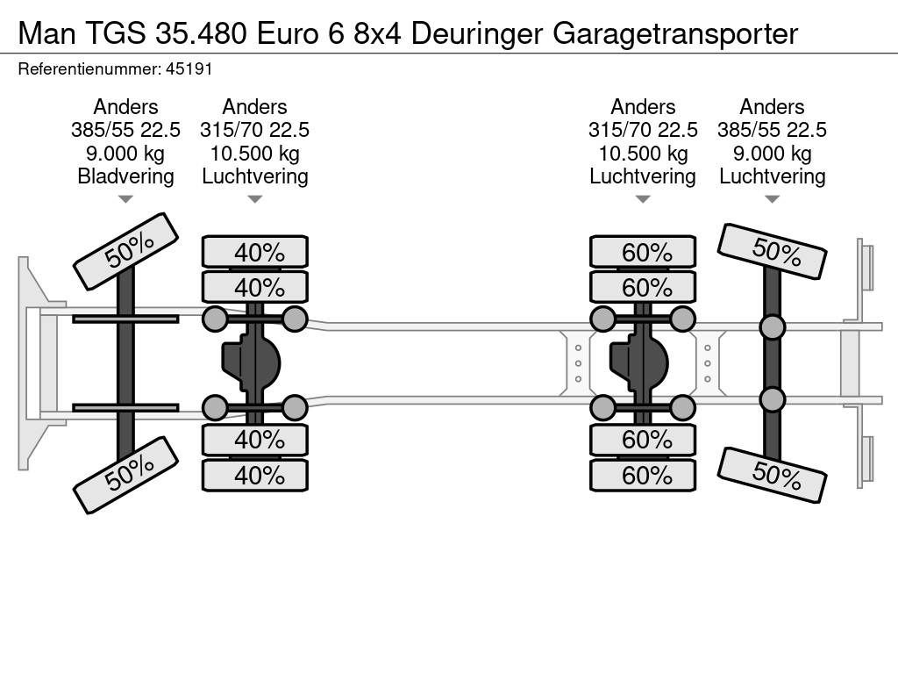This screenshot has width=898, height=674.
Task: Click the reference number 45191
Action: [x=189, y=69]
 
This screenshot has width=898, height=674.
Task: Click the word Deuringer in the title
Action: [x=476, y=34]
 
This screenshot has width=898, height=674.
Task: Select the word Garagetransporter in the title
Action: [x=674, y=35]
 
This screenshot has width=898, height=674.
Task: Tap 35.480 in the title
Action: [x=201, y=34]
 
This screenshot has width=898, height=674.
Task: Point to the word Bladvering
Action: [x=125, y=176]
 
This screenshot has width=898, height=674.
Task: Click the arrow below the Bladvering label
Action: [x=125, y=199]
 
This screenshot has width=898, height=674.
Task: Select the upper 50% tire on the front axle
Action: [x=126, y=251]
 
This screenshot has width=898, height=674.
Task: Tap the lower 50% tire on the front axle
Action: [x=126, y=475]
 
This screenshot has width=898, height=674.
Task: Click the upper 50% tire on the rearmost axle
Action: [x=772, y=251]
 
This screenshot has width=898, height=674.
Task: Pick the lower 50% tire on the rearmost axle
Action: [x=772, y=475]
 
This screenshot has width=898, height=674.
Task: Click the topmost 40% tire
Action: [x=255, y=252]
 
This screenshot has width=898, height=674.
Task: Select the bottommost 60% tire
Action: [x=643, y=475]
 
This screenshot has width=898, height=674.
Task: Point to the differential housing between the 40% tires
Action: [x=251, y=363]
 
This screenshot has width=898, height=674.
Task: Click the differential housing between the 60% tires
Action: [x=638, y=363]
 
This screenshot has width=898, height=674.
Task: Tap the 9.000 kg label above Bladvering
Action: [x=125, y=154]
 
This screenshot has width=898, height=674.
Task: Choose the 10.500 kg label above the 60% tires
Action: [x=643, y=154]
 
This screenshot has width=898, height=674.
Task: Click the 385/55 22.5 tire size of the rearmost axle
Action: [x=772, y=130]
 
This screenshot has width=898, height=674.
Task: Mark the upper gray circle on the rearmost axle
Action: [x=772, y=327]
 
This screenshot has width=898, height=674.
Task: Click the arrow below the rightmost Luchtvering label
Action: [x=772, y=199]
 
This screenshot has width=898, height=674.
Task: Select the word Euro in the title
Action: [x=287, y=34]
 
